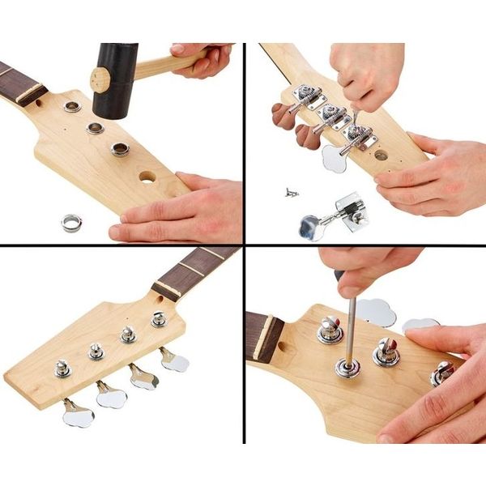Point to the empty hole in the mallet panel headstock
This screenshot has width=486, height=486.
click(x=148, y=176)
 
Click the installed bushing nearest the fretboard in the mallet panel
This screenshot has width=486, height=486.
click(x=72, y=106)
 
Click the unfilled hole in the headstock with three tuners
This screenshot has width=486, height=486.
click(x=381, y=154)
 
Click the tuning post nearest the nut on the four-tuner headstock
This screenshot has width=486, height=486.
click(x=159, y=318)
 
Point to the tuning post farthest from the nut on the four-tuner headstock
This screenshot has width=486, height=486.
click(x=63, y=369)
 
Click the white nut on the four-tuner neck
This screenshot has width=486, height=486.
click(x=166, y=289)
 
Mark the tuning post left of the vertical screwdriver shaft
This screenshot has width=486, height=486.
click(x=330, y=328)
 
